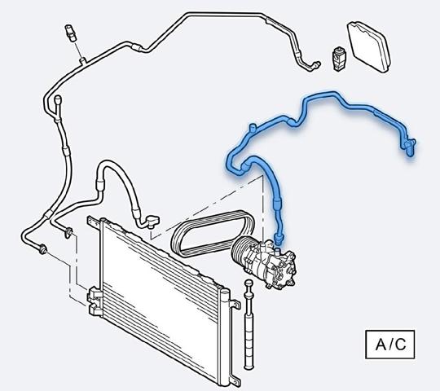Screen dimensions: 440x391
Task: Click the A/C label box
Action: pos(389,345)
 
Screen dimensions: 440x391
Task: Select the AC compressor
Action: pos(264,263)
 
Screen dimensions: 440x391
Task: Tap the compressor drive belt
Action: pos(213,233)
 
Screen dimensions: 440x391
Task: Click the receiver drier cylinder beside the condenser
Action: pos(249,324)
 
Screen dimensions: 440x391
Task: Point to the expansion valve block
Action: pos(339,59)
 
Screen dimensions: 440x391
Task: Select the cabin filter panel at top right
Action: pos(369,46)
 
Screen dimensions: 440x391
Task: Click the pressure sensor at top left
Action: pos(71,33)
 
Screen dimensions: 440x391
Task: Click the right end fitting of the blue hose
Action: pos(409,146)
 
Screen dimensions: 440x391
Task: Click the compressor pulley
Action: pos(240,249)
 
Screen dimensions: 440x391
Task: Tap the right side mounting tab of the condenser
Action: pos(235,305)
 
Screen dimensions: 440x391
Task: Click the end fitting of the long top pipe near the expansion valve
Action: pos(314,66)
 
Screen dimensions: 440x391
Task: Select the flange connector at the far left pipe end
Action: pos(42,249)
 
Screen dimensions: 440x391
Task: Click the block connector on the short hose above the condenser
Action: pos(153,221)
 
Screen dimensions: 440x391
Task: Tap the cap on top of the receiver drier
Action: pos(249,283)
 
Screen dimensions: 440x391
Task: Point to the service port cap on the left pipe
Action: pos(58,100)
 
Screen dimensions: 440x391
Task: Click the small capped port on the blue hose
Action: pos(253,127)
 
